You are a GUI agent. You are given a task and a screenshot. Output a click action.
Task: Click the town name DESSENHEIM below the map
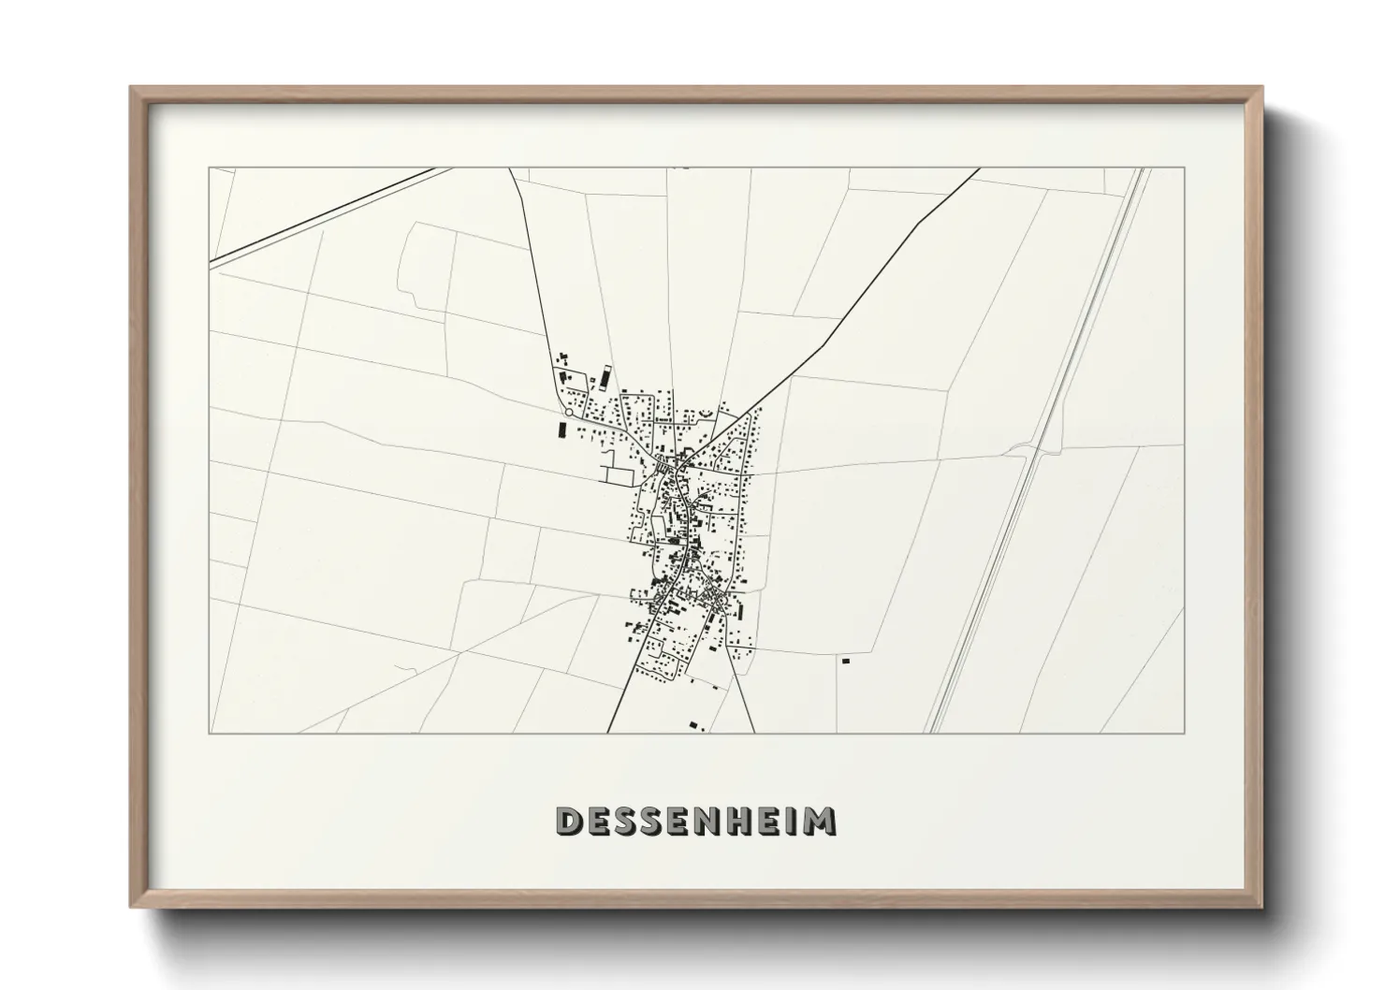(x=695, y=821)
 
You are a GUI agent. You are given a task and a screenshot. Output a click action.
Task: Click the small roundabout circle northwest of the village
(x=568, y=412)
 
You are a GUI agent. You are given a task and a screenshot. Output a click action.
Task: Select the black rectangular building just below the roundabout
(x=561, y=430)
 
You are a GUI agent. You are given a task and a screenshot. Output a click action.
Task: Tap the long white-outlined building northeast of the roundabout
(x=605, y=376)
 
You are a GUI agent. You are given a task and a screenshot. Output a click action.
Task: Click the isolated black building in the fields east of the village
(x=845, y=662)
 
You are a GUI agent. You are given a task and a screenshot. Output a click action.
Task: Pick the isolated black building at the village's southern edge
(x=693, y=723)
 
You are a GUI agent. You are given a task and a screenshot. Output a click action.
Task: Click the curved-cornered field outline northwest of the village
(x=426, y=267)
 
